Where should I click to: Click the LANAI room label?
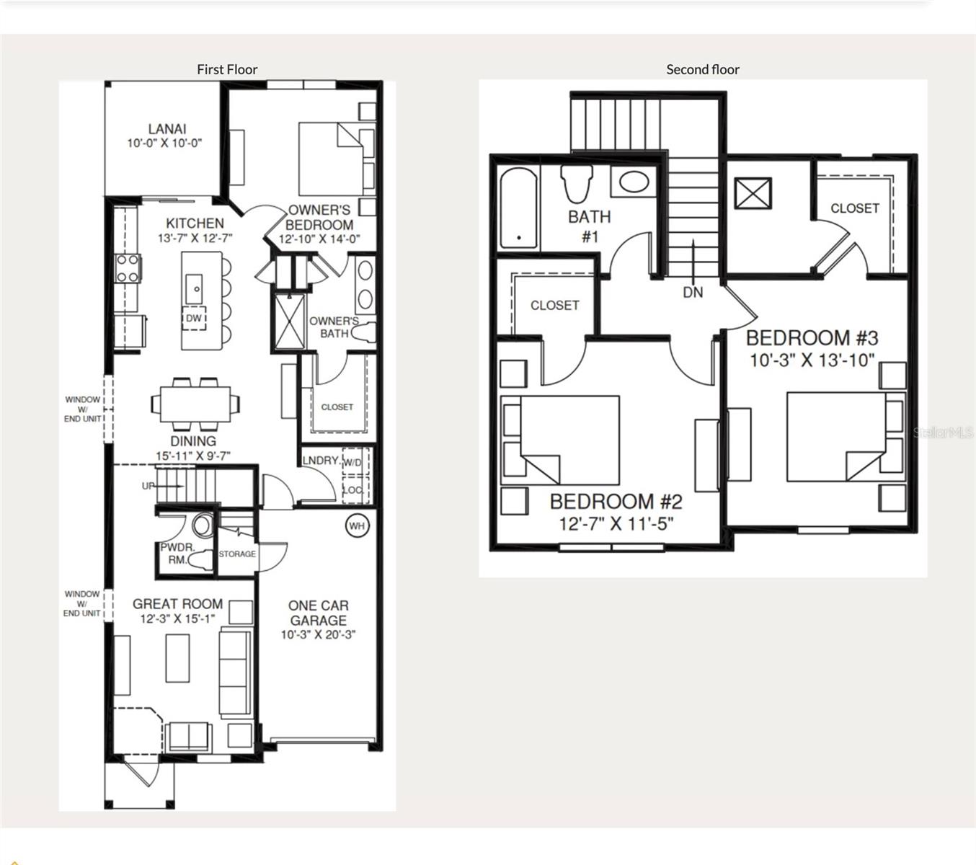click(167, 129)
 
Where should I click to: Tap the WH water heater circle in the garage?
click(357, 525)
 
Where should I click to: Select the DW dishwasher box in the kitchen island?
click(194, 318)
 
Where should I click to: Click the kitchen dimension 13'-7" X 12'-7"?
click(195, 239)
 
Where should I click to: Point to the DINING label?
click(193, 440)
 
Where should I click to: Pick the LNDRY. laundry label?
click(321, 461)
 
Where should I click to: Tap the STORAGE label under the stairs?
click(237, 554)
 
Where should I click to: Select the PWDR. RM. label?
click(177, 553)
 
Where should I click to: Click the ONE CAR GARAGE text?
click(318, 613)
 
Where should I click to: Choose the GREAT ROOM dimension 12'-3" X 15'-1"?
click(177, 618)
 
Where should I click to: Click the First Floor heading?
click(227, 69)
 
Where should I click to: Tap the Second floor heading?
click(702, 69)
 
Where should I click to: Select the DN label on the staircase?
click(693, 292)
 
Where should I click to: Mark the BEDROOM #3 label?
click(812, 337)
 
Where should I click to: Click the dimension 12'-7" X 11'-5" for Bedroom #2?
click(616, 524)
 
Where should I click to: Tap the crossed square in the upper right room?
click(753, 194)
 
